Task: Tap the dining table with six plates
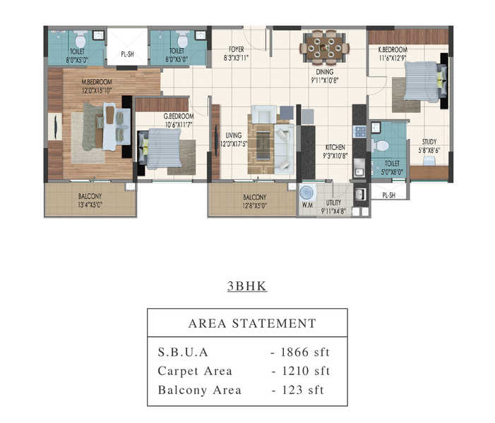tap(324, 48)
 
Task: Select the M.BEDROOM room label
tap(97, 82)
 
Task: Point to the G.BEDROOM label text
tap(179, 116)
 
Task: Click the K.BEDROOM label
tap(393, 49)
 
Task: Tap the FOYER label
tap(237, 49)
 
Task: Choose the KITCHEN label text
tap(335, 147)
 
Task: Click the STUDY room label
tap(429, 142)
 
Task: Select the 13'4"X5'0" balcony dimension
tap(90, 205)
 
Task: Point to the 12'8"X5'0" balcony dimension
tap(255, 206)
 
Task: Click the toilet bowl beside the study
tap(381, 146)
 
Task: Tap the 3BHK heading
tap(247, 286)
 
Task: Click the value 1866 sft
tap(305, 352)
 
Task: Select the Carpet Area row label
tap(195, 371)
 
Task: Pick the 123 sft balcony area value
tap(303, 390)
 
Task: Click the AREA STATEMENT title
tap(252, 324)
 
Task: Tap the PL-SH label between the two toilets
tap(128, 54)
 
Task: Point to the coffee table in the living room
tap(263, 145)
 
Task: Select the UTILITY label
tap(333, 202)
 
